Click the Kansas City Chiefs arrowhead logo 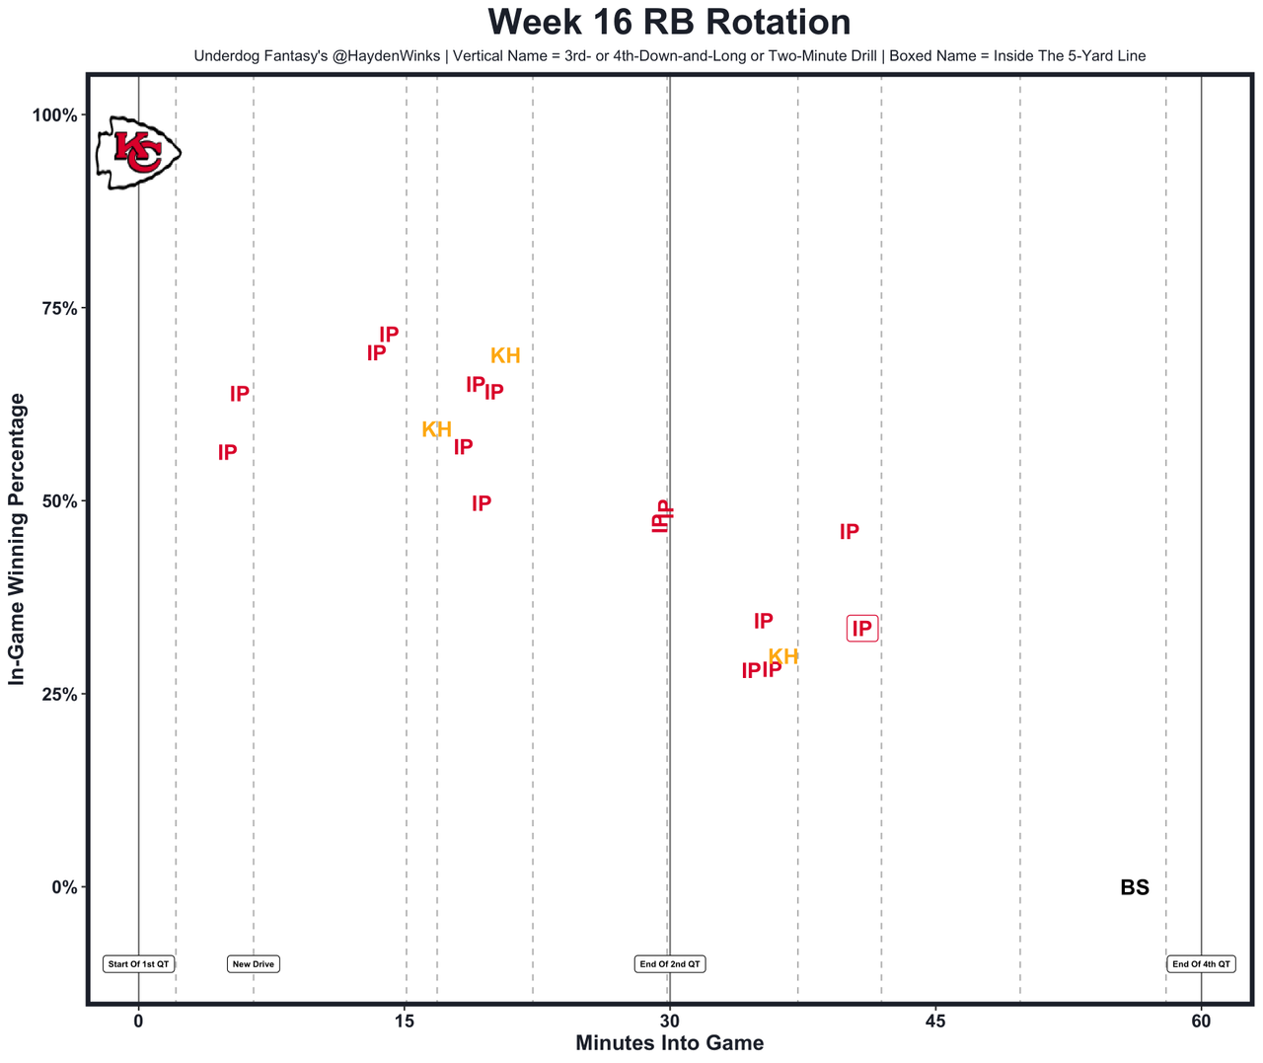(138, 152)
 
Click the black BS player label (1135, 887)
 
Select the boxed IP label (862, 629)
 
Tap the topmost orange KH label (505, 356)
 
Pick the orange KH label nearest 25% (783, 657)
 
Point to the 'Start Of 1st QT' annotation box (139, 964)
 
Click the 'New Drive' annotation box (254, 964)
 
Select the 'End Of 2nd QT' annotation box (670, 964)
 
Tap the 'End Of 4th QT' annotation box (1201, 964)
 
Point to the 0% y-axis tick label (63, 887)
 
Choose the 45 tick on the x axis (935, 1021)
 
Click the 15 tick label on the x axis (405, 1021)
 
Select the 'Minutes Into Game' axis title (669, 1043)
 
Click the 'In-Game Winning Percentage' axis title (17, 539)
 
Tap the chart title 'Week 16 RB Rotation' (669, 23)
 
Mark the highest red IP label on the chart (389, 335)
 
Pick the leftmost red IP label (227, 453)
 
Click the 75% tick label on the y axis (57, 308)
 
